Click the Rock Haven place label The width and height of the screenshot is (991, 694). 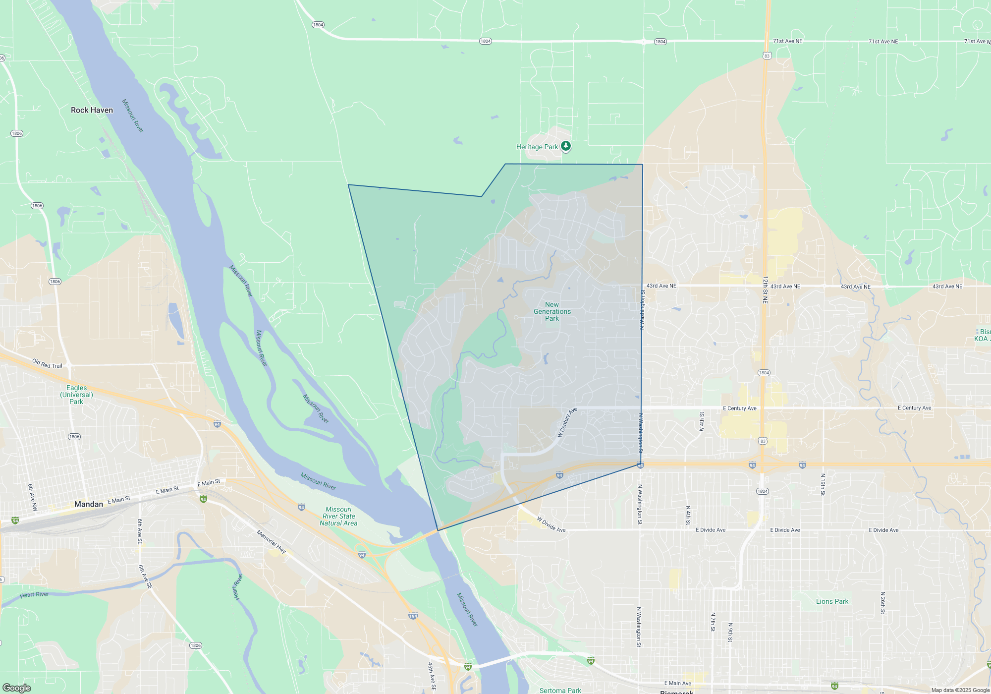click(92, 110)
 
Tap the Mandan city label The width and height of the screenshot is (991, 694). click(89, 504)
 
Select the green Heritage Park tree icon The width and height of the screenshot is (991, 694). click(565, 146)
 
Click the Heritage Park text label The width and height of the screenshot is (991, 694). click(537, 147)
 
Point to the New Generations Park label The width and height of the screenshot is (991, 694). click(552, 312)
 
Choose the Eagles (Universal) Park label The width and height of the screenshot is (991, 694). click(76, 395)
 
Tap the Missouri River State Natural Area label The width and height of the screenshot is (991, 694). click(338, 516)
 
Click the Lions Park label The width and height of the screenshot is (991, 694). click(832, 601)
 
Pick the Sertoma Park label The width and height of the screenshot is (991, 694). click(560, 690)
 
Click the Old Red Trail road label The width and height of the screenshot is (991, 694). click(47, 364)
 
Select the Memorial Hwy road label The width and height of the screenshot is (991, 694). click(271, 541)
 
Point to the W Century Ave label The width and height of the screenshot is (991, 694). click(567, 422)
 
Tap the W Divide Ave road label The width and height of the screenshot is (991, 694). click(551, 524)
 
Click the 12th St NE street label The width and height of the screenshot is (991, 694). click(765, 290)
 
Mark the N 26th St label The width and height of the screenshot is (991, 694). click(882, 603)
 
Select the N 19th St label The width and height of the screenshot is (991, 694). click(823, 484)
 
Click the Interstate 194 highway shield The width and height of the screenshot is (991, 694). click(413, 616)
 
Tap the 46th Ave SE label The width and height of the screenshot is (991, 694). click(432, 676)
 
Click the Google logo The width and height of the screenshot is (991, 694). click(17, 688)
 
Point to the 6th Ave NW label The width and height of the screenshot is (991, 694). click(32, 498)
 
